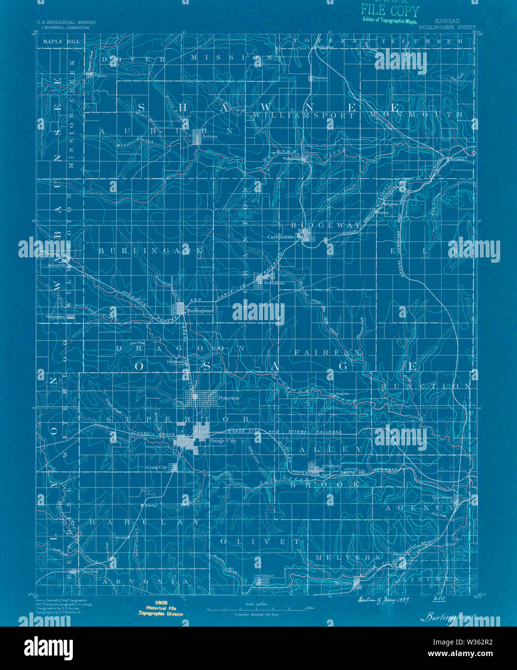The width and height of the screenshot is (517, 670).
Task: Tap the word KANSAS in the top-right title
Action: (x=447, y=22)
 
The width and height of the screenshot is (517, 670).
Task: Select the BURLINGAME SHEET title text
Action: (x=447, y=27)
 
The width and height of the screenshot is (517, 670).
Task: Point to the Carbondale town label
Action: (x=281, y=237)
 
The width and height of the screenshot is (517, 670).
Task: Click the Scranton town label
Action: (x=274, y=283)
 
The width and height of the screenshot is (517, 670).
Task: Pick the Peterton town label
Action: (x=229, y=398)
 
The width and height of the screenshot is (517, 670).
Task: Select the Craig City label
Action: (x=157, y=467)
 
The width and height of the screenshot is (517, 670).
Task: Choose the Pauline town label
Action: (x=320, y=78)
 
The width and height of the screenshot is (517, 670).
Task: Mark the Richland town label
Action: (x=458, y=159)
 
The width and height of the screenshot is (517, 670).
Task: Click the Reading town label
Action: (x=90, y=572)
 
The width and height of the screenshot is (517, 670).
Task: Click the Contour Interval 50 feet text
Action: (x=257, y=615)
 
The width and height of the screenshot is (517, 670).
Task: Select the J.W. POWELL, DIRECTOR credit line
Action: (x=63, y=28)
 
